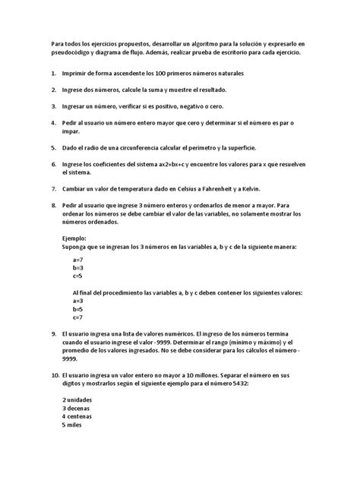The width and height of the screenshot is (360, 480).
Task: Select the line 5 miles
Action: (74, 425)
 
